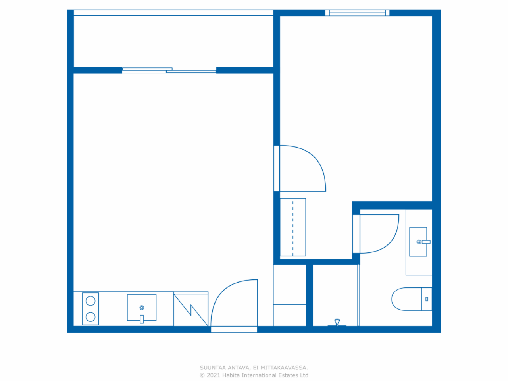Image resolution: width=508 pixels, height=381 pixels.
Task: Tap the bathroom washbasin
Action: coord(418,242)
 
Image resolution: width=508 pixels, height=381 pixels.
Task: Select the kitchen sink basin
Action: coord(142,308)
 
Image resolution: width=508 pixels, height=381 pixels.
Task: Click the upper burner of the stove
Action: coord(90,301)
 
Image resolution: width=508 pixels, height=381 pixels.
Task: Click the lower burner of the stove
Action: coord(90,317)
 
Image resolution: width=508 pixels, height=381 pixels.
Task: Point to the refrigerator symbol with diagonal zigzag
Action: coord(191,309)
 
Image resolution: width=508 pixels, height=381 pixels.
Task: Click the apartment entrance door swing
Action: coord(234,304)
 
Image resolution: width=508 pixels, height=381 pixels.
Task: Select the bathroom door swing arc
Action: coord(379,234)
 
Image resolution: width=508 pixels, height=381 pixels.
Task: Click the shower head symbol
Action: coord(337,321)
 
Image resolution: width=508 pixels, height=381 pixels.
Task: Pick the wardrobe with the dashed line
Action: coord(293,227)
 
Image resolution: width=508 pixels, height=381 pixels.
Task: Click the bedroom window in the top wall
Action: coord(357,13)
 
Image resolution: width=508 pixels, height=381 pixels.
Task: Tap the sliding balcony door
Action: coord(169,70)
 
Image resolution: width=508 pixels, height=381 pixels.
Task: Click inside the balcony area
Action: coord(173,41)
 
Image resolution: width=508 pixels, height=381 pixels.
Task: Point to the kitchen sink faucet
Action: coord(142,318)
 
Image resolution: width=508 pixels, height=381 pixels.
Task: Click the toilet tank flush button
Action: coord(427,299)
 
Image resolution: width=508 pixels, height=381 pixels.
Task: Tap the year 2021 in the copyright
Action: coord(214,375)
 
